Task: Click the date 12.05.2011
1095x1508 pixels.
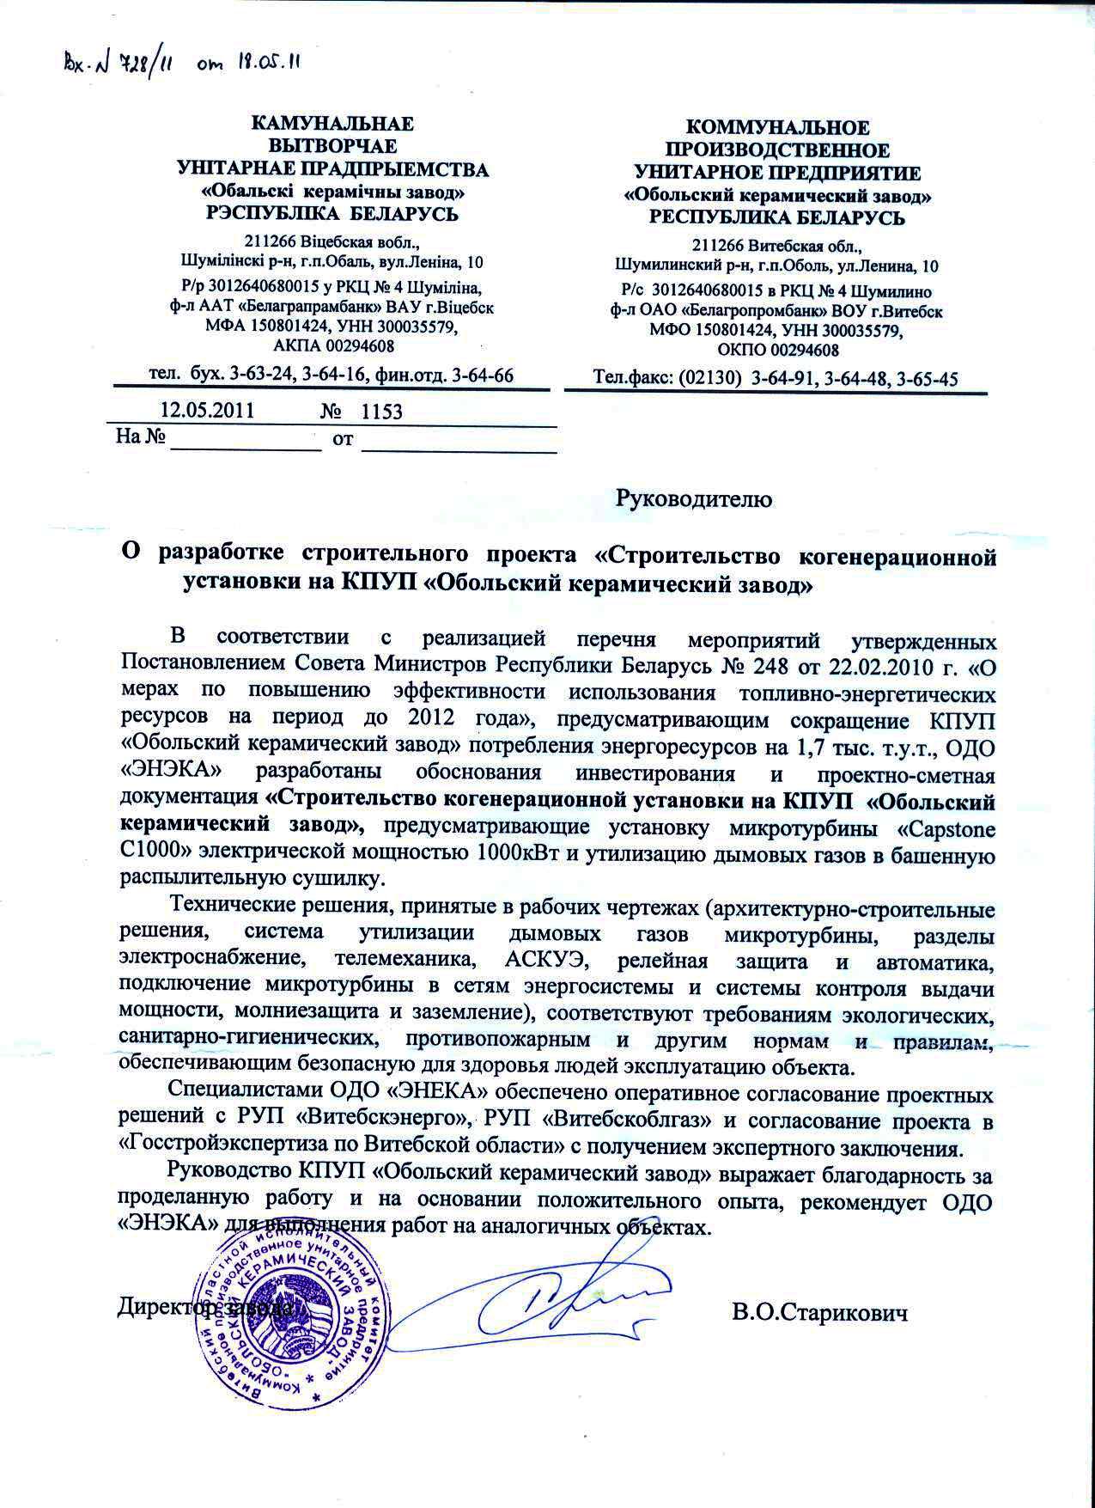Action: click(207, 410)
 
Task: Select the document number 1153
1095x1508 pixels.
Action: click(381, 411)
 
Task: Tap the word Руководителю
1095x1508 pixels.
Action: click(694, 498)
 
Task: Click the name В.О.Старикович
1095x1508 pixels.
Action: click(819, 1314)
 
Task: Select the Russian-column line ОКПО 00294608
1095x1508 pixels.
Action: click(778, 350)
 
